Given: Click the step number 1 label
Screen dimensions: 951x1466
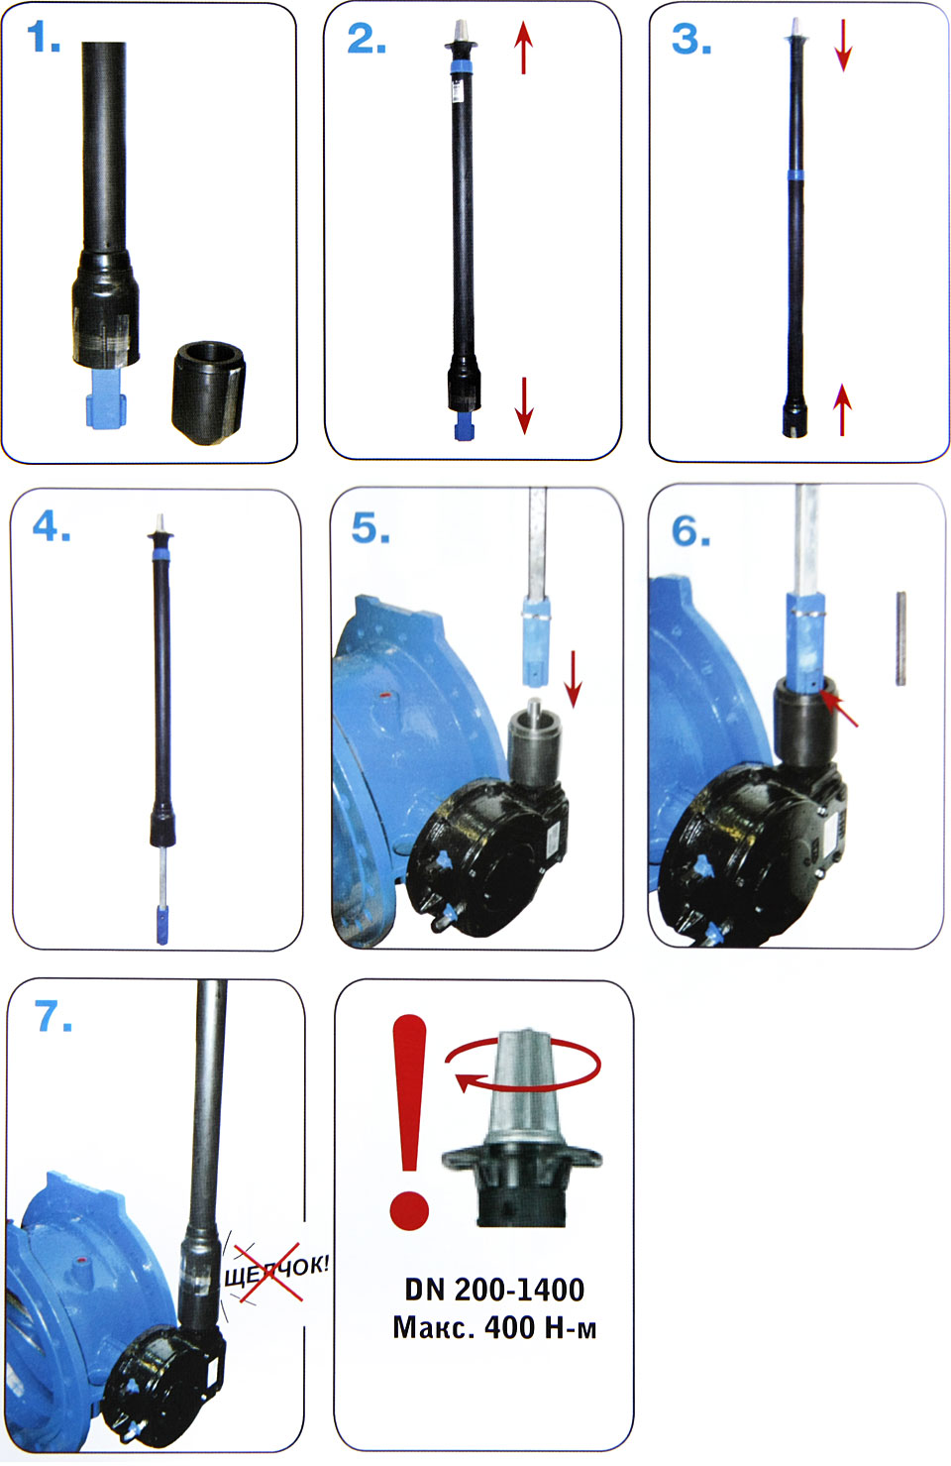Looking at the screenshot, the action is click(44, 38).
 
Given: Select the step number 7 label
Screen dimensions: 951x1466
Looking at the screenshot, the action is click(53, 1016).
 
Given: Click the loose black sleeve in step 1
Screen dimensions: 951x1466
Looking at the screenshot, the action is click(209, 393).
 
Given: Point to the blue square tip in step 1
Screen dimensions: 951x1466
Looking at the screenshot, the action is click(106, 399).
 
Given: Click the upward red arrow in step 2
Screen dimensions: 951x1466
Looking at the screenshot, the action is click(523, 48).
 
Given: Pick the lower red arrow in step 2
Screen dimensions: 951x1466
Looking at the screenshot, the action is click(524, 405).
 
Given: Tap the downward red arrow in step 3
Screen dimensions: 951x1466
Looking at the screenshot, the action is click(843, 45).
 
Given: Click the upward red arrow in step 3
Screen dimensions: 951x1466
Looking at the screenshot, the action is click(842, 409).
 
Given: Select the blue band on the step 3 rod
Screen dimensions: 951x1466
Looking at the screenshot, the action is click(795, 174).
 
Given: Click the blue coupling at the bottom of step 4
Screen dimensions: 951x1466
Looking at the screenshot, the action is click(162, 924).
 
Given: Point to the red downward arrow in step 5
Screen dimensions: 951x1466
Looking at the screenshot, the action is click(573, 679).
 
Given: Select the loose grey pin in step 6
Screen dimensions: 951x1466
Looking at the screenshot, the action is click(900, 638).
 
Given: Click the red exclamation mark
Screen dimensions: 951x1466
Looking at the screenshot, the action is click(409, 1122).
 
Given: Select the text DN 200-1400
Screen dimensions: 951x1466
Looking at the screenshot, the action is click(494, 1290).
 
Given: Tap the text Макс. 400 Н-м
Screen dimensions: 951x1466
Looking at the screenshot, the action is click(494, 1328).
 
